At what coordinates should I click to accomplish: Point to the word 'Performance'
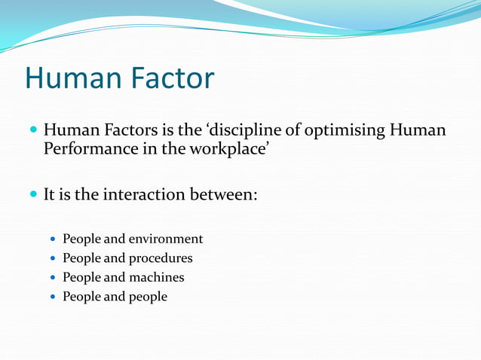coord(90,148)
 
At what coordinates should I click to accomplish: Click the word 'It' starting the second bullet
coord(50,194)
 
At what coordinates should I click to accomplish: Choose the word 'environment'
coord(166,239)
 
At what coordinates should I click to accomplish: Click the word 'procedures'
coord(161,258)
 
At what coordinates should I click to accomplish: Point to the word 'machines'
coord(156,277)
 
